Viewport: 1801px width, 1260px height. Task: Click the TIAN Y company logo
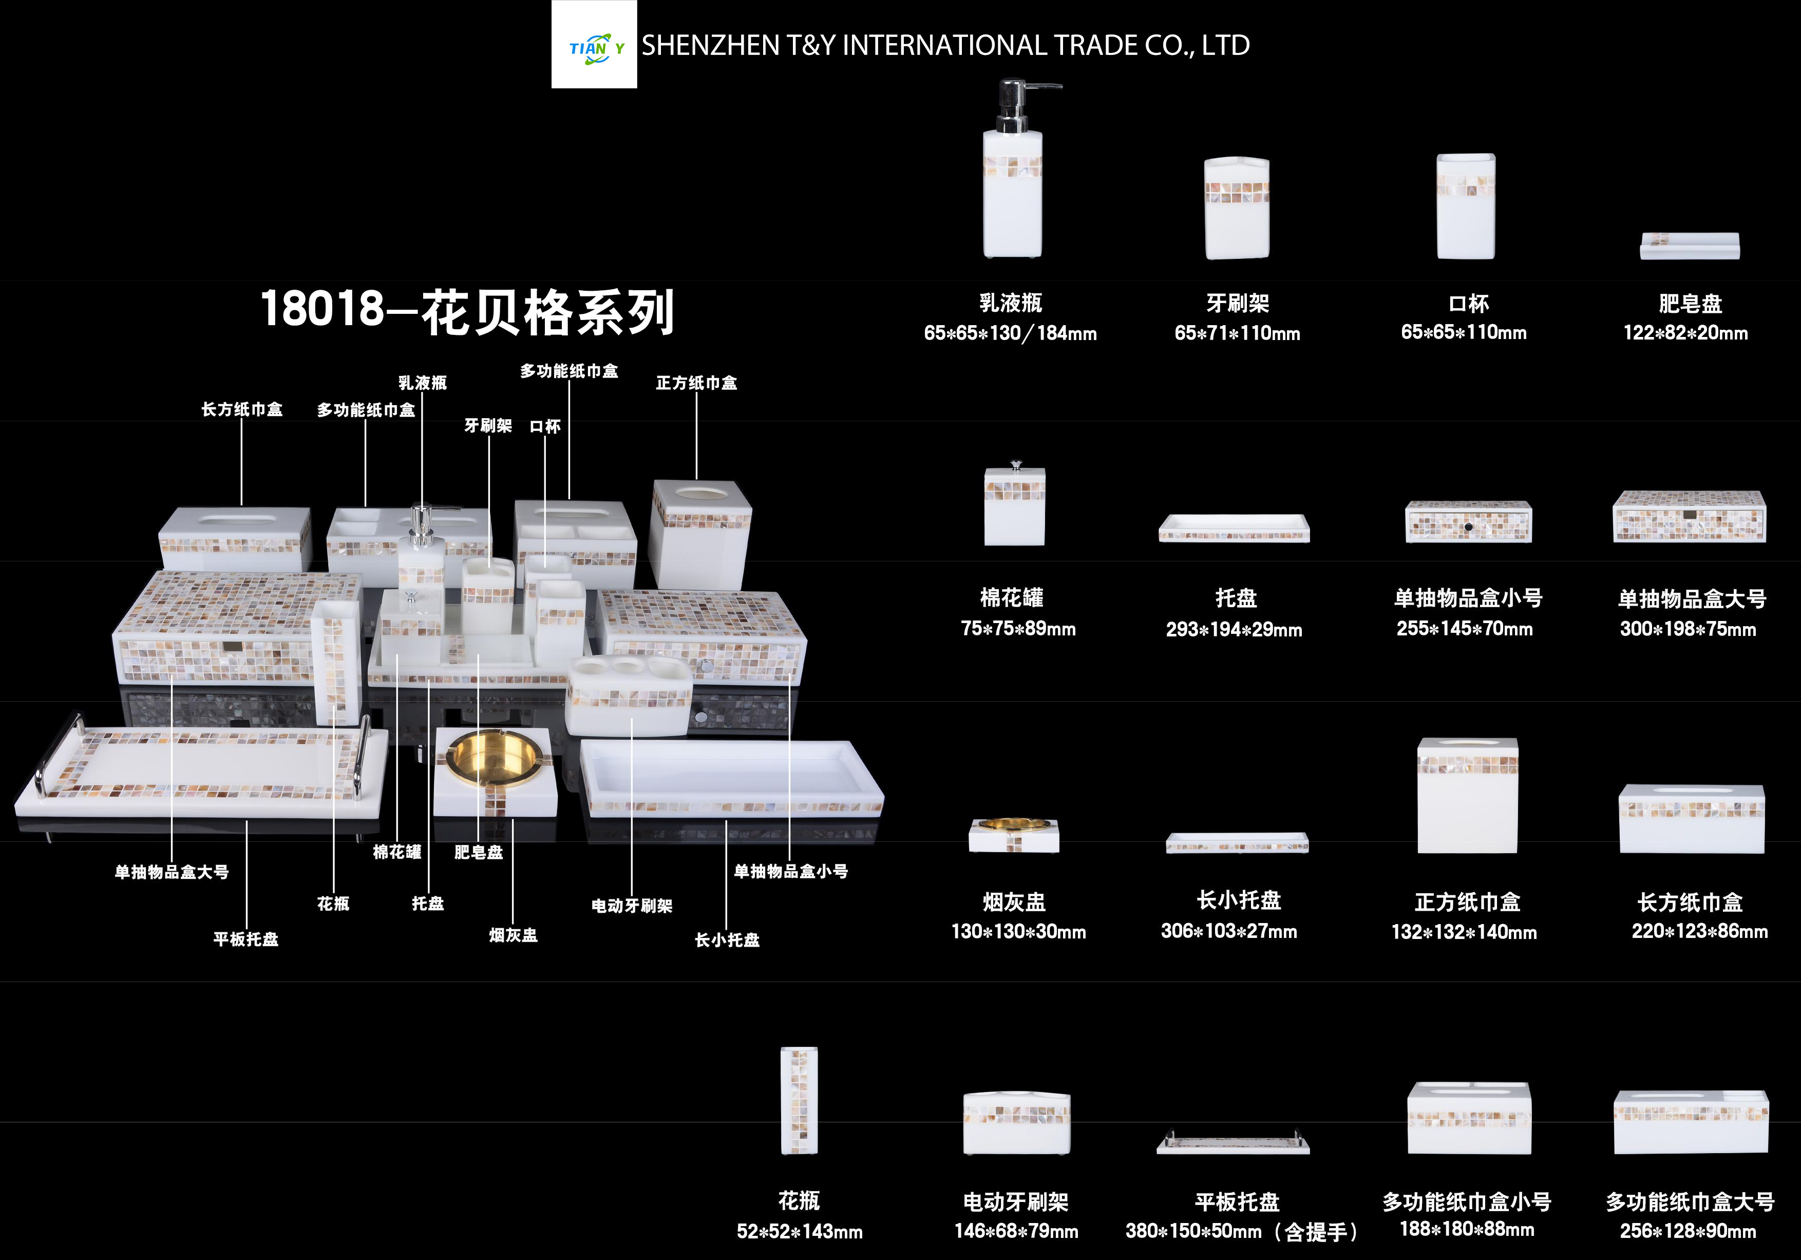pos(594,45)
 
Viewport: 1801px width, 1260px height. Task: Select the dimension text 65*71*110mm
pos(1237,333)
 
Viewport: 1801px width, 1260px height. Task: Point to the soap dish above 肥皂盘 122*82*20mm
pos(1690,246)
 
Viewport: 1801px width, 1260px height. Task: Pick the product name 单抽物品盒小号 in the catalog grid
pos(1468,598)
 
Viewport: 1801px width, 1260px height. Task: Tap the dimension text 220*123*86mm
pos(1700,931)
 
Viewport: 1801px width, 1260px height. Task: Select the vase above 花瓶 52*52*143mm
pos(799,1100)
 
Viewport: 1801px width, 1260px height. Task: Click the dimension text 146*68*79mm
pos(1016,1231)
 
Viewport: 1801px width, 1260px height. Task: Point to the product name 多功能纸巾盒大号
pos(1690,1201)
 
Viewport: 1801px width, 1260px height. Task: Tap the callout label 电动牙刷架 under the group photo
pos(632,906)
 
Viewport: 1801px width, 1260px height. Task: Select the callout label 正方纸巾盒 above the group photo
pos(696,383)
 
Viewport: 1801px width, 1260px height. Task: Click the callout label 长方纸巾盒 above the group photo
pos(241,409)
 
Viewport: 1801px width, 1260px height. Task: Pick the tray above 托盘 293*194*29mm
pos(1235,528)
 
